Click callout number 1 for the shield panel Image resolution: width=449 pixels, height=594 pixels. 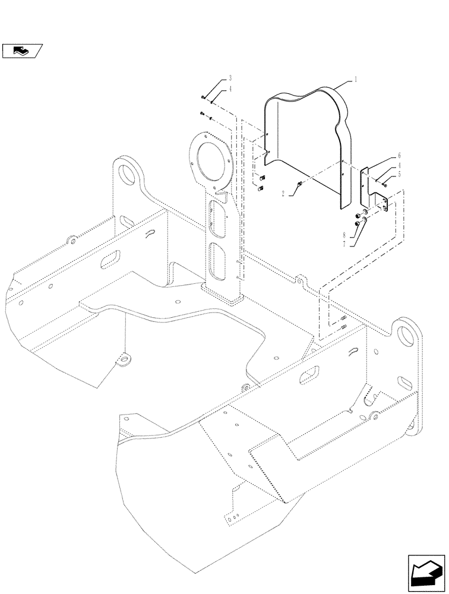tap(356, 80)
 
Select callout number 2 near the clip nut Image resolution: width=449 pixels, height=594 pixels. tap(284, 194)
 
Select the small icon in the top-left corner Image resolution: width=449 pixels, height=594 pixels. tap(21, 51)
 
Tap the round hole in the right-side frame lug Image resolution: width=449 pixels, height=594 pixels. tap(407, 334)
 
